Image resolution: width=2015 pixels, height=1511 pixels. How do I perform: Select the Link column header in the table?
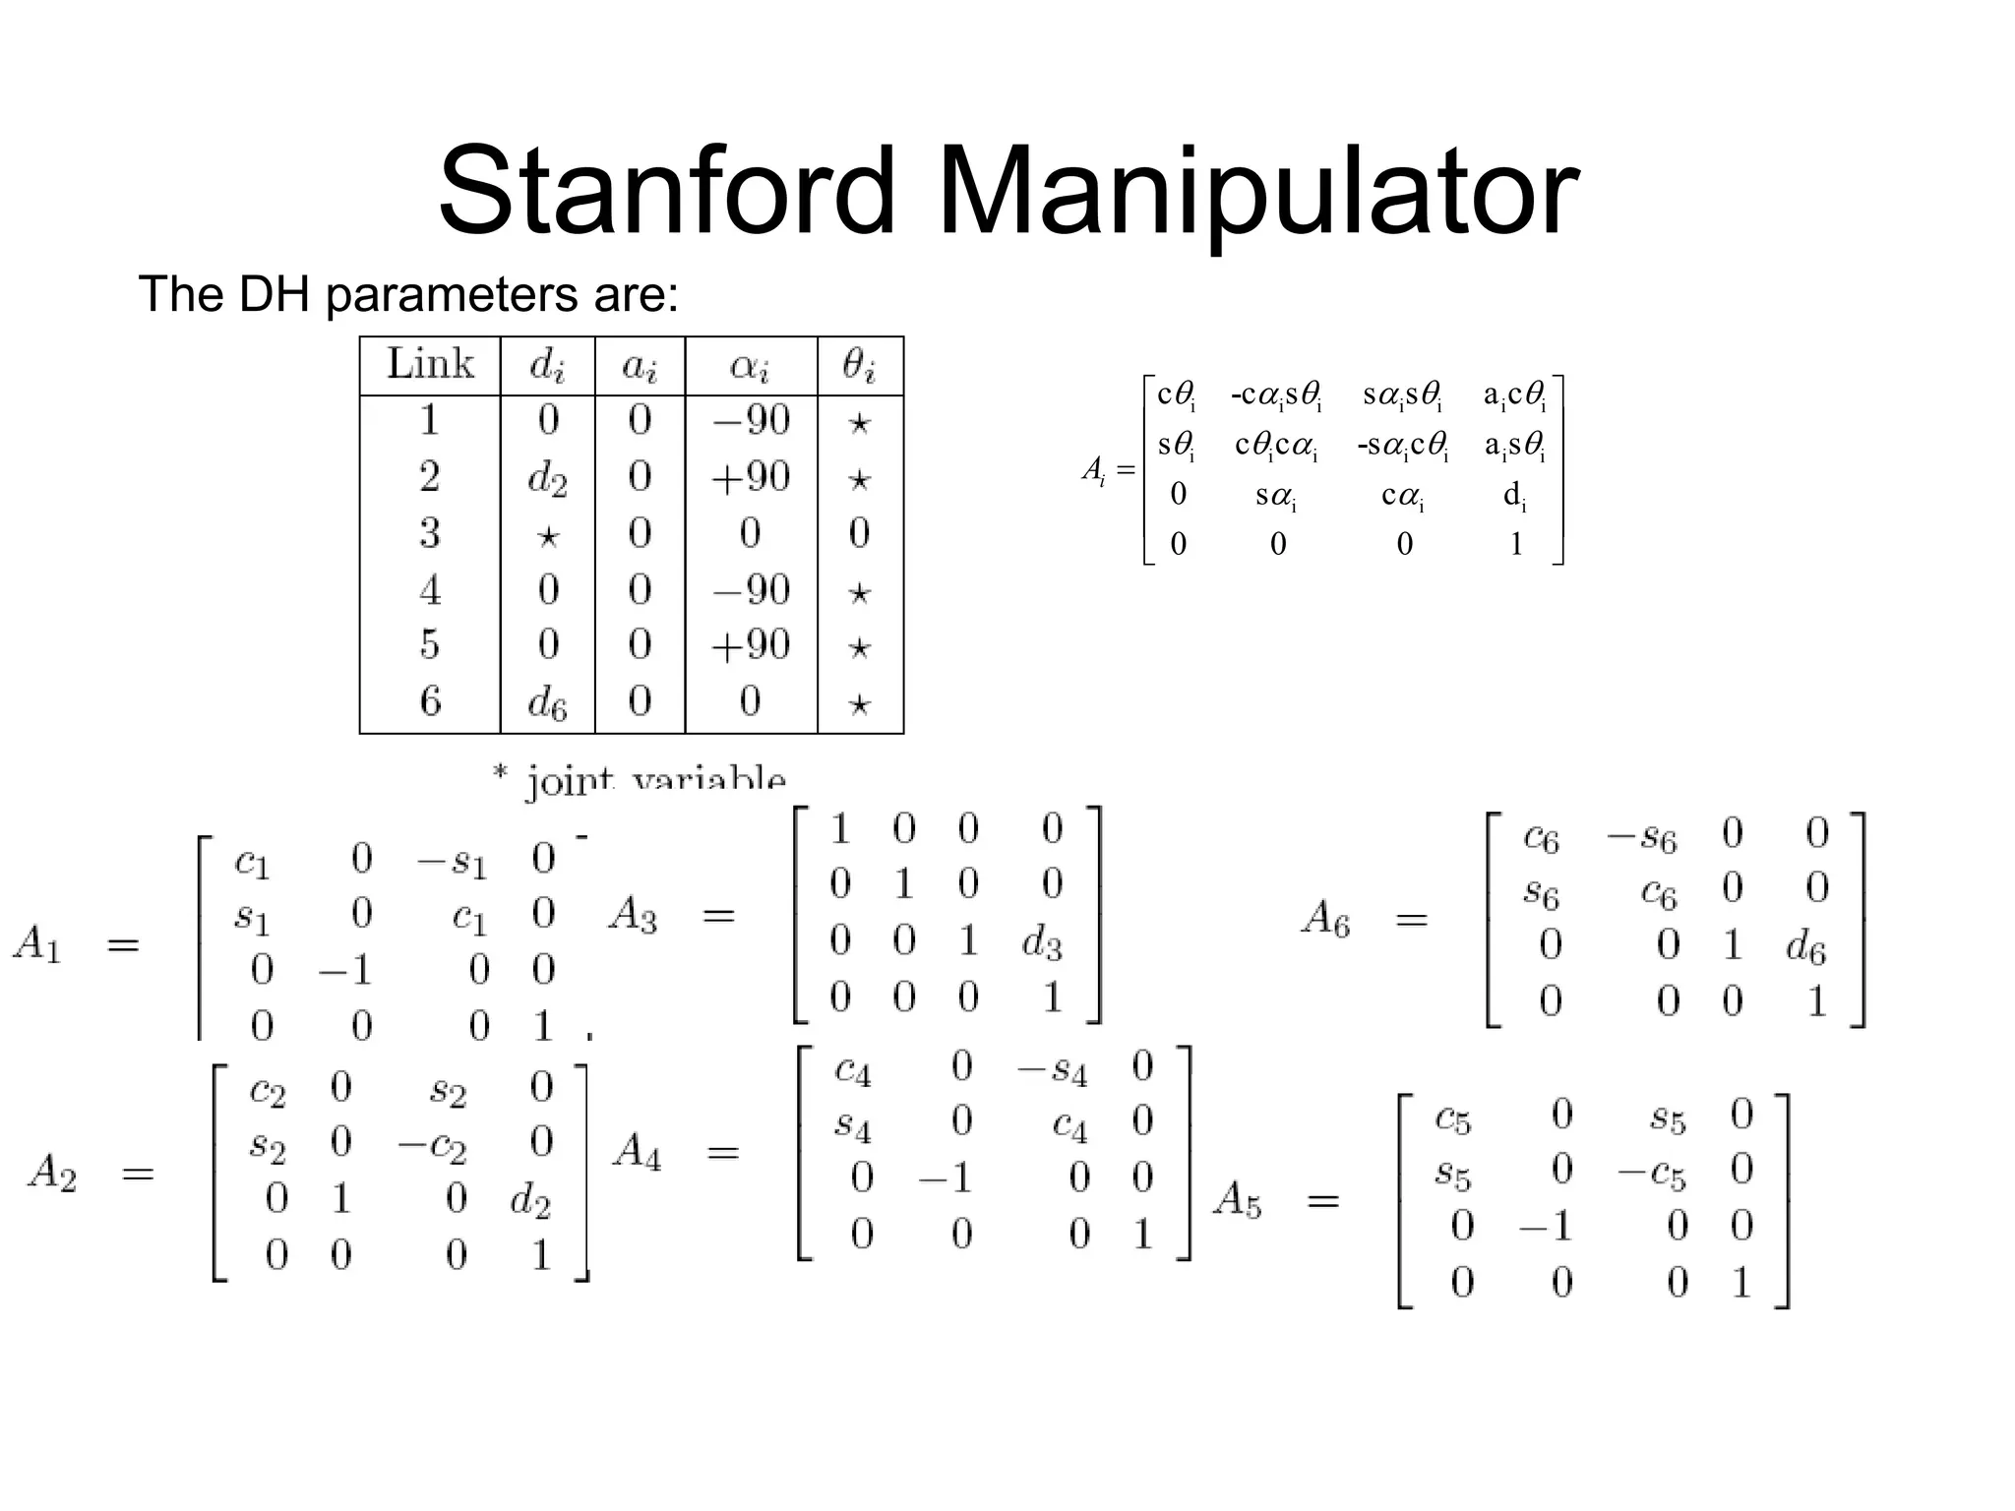[430, 364]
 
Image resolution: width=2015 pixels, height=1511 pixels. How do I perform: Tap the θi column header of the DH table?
[859, 366]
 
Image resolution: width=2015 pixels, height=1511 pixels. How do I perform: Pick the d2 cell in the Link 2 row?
[547, 479]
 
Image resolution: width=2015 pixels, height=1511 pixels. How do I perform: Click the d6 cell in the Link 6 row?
[547, 703]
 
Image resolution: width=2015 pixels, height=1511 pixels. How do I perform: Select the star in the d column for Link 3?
[547, 536]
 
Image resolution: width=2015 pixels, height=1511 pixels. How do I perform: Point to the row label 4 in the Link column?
[430, 590]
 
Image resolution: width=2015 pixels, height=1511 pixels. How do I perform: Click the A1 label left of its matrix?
[37, 945]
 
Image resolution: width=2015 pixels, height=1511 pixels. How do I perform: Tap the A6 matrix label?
[1325, 920]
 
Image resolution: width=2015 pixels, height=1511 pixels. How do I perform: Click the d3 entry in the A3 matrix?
[1042, 942]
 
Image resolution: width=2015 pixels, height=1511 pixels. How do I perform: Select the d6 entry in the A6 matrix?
[1805, 948]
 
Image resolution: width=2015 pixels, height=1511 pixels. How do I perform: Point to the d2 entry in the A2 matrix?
[530, 1201]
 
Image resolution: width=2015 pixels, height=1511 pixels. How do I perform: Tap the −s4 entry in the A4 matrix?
[1052, 1069]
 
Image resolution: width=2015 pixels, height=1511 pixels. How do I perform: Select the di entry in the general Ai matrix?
[1515, 497]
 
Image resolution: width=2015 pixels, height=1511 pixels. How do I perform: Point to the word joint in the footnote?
[570, 781]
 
